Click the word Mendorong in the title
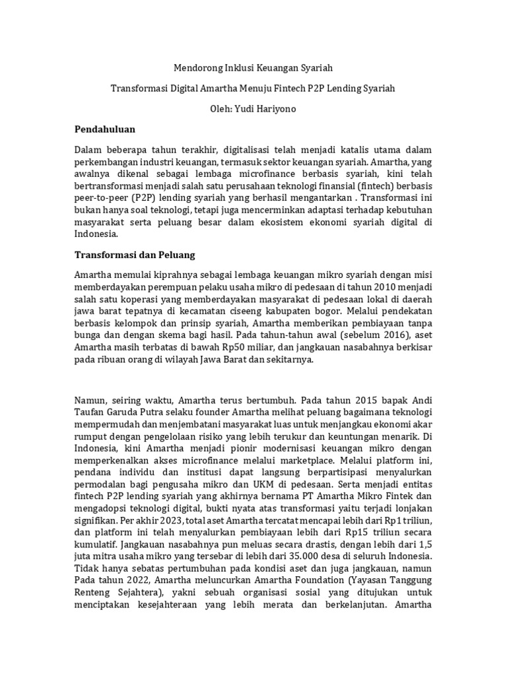[x=196, y=67]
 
